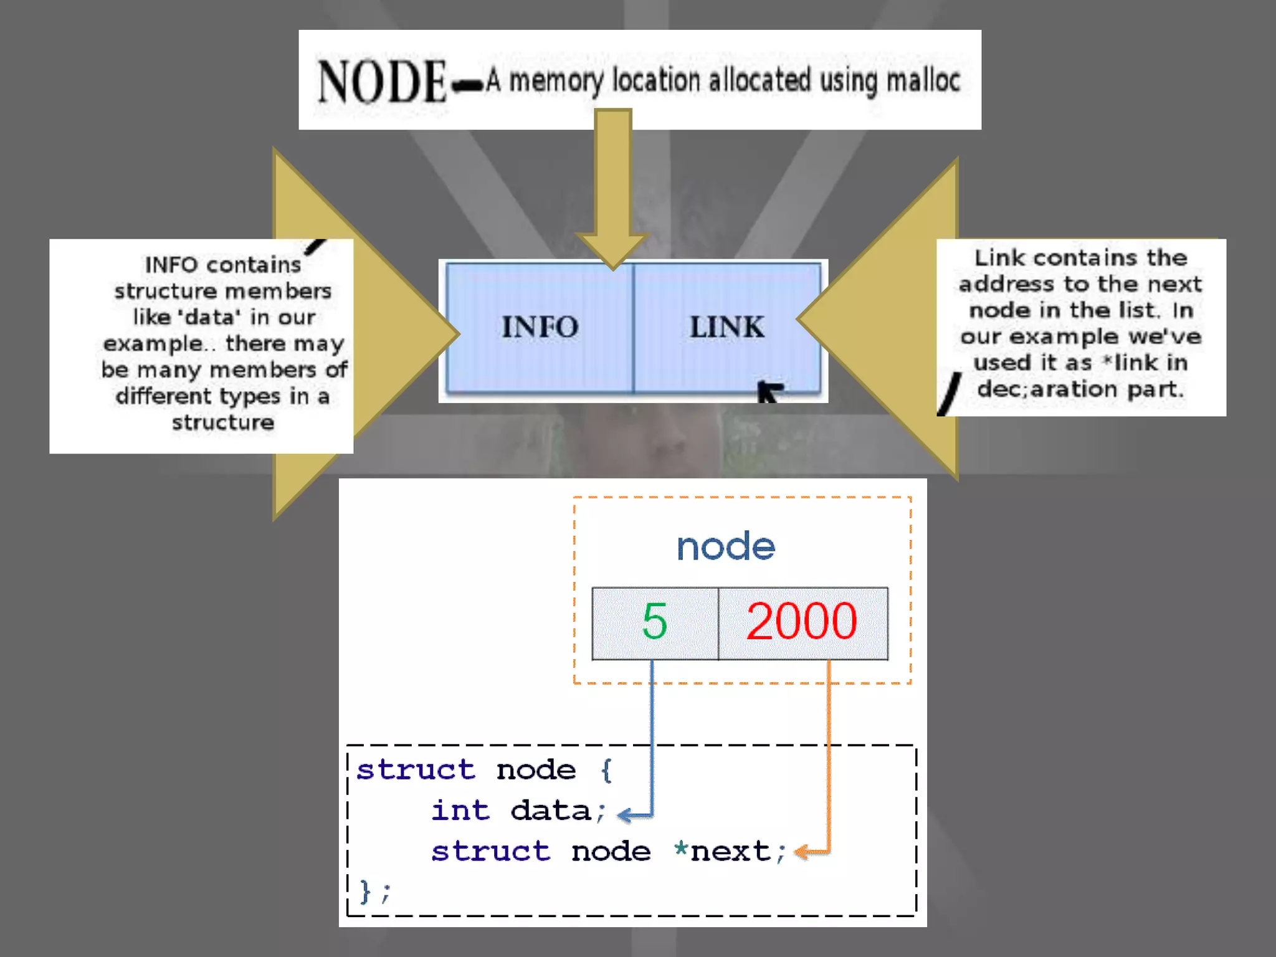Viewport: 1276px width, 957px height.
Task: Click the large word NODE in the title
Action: (x=382, y=82)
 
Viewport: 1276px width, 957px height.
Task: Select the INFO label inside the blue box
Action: (x=540, y=327)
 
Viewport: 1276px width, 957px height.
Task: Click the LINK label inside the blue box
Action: (x=726, y=327)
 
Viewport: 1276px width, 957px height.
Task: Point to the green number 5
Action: (x=654, y=622)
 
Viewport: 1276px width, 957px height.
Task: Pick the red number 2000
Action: (x=801, y=622)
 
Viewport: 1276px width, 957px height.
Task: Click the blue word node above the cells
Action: (x=726, y=547)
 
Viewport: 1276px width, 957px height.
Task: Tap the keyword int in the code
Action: (x=460, y=811)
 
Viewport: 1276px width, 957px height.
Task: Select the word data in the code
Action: (x=550, y=811)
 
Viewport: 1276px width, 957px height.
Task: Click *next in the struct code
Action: (x=723, y=851)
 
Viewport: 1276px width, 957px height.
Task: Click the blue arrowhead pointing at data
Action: (x=626, y=814)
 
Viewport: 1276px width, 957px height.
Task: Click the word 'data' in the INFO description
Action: (x=209, y=317)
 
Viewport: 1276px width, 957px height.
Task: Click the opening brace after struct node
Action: (x=606, y=770)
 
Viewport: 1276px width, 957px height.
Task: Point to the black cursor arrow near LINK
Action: (x=769, y=391)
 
